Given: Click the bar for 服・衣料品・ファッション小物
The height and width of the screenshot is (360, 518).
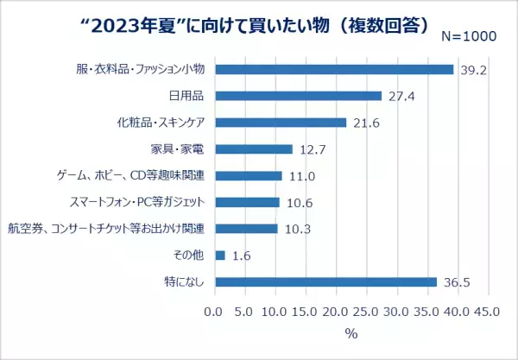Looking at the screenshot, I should click(x=333, y=69).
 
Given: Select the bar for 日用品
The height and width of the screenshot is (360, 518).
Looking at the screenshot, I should click(x=298, y=96).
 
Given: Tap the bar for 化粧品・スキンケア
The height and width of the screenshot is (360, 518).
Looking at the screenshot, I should click(x=280, y=123).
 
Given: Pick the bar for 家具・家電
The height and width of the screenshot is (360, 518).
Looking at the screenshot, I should click(x=253, y=149).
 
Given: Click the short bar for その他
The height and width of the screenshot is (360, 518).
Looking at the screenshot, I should click(x=219, y=256).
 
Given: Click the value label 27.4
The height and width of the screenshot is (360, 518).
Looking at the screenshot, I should click(x=402, y=96).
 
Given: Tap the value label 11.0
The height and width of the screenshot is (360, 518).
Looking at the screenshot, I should click(x=302, y=176).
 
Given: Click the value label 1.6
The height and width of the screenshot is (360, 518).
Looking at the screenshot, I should click(x=242, y=256).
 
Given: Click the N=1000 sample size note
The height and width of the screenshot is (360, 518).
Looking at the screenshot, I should click(x=470, y=37).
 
